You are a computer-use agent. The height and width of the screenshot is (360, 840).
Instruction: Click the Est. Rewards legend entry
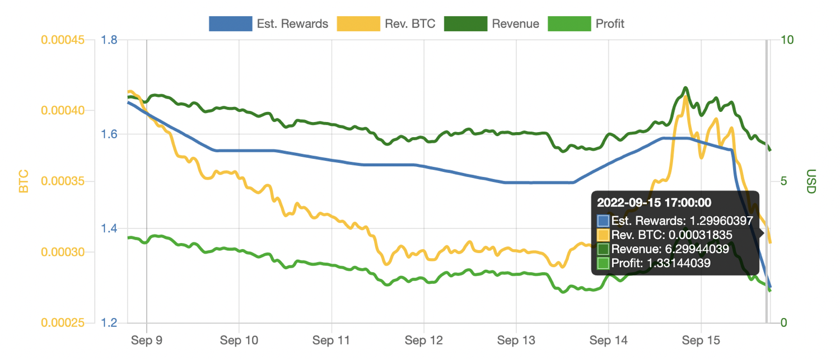click(x=269, y=24)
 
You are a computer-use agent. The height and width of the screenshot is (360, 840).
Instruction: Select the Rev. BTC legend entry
click(x=386, y=24)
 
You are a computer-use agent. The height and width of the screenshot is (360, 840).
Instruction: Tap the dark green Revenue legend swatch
click(x=465, y=24)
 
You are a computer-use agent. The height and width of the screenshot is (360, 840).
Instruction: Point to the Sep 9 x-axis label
click(x=147, y=340)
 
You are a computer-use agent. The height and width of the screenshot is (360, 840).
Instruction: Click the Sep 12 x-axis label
click(x=424, y=340)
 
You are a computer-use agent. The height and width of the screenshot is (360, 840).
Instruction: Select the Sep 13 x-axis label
click(x=516, y=340)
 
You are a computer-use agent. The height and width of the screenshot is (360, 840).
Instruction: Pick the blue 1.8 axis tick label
click(x=110, y=40)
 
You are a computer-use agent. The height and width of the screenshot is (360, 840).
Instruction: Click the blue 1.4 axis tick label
click(x=110, y=228)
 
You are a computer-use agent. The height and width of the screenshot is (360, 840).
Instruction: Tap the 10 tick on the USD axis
click(x=787, y=40)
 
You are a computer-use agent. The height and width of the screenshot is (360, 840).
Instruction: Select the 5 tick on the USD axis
click(x=784, y=181)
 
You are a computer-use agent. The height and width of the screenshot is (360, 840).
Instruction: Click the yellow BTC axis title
click(x=24, y=181)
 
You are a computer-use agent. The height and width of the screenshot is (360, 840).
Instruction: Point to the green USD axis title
click(x=811, y=181)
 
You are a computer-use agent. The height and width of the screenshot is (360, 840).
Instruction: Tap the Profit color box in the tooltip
click(x=604, y=263)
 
